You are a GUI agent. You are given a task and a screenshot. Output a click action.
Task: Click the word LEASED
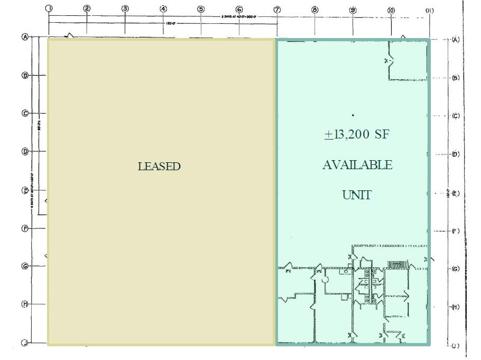159,167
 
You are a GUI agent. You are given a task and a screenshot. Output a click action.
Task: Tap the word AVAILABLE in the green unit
357,165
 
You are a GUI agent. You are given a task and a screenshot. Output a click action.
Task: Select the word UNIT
357,195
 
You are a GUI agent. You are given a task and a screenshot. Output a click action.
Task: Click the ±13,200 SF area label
357,135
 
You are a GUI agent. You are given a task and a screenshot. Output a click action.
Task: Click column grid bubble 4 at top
163,8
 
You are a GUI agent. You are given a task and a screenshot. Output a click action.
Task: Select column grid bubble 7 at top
277,9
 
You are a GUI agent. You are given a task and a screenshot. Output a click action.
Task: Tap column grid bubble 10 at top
391,10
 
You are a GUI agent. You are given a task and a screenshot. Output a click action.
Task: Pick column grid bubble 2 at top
87,8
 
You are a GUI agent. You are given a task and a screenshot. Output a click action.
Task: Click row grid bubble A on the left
24,37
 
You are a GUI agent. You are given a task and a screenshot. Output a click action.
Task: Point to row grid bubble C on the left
24,113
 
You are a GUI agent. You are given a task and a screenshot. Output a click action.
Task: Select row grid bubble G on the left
24,266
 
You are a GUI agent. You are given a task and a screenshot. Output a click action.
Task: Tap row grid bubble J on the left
24,343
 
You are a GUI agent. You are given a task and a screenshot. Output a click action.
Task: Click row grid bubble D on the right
456,154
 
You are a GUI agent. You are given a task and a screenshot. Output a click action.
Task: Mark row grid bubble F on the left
24,228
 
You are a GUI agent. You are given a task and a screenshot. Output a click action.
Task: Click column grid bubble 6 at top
239,9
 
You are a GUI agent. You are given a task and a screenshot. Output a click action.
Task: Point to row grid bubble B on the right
456,78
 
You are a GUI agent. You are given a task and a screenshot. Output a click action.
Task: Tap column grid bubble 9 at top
353,10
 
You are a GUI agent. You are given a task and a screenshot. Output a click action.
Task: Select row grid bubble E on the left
24,190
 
